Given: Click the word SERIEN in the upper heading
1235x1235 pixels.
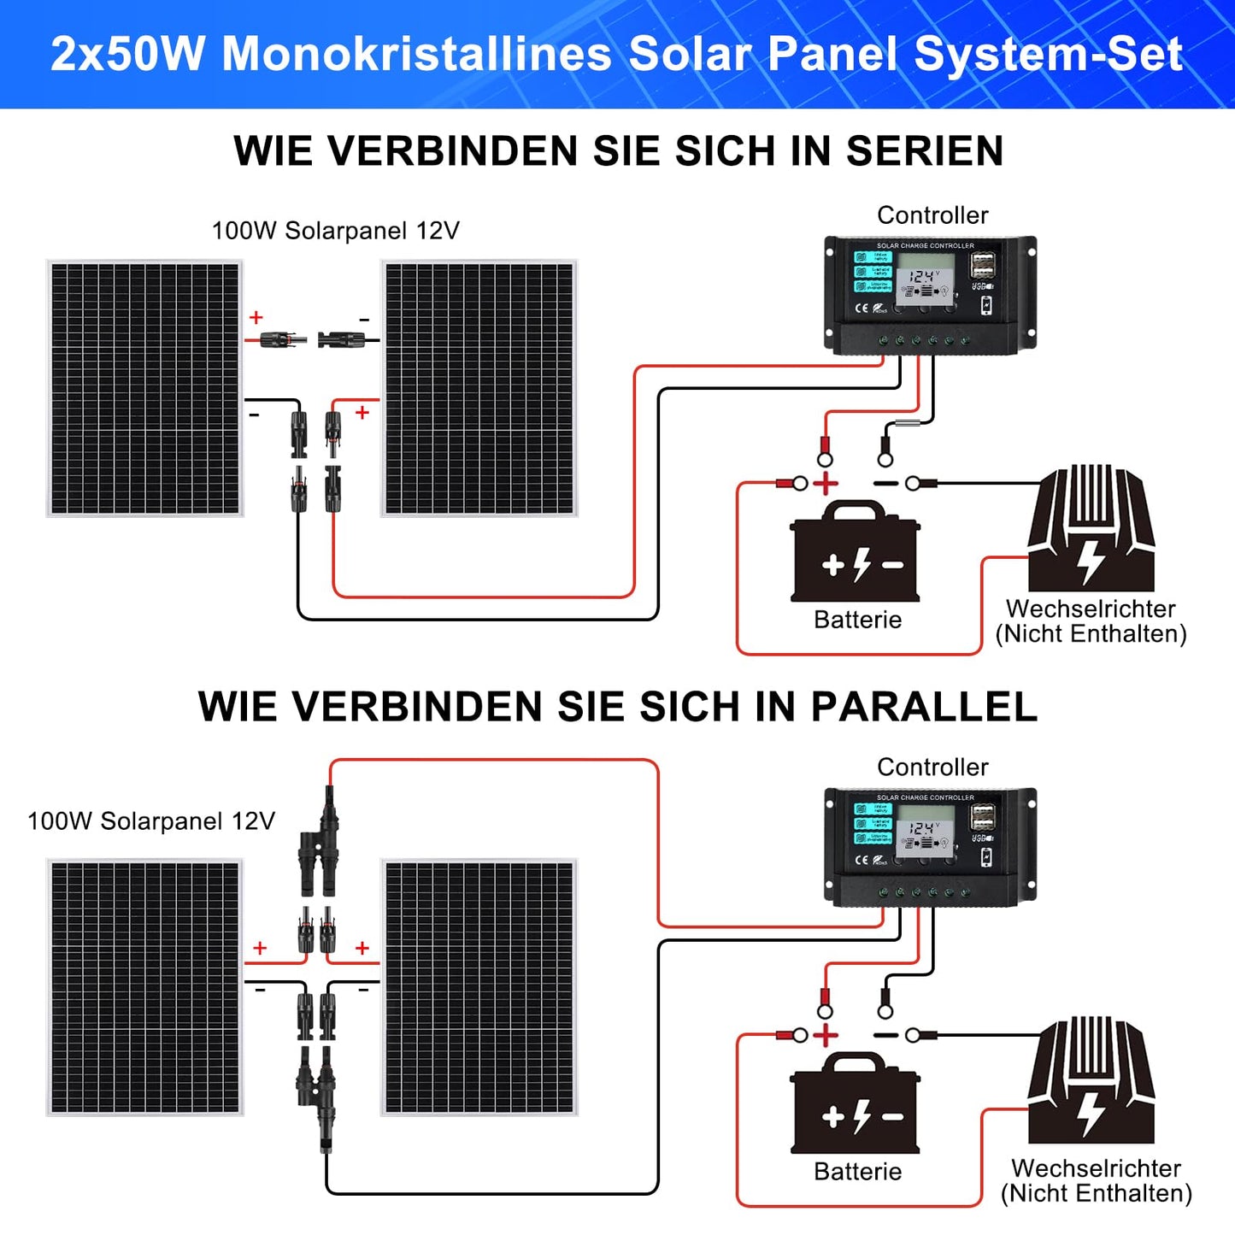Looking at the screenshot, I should click(x=925, y=151).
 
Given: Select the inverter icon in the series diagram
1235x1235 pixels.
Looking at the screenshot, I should click(x=1091, y=530).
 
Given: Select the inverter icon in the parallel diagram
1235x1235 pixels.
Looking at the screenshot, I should click(x=1091, y=1081).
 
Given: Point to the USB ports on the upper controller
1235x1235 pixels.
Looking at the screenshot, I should click(x=983, y=264).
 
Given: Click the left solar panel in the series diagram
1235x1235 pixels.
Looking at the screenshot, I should click(x=144, y=389).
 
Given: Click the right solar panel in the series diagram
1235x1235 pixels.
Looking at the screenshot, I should click(x=479, y=389).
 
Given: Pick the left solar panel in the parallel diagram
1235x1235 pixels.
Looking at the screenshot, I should click(x=144, y=987).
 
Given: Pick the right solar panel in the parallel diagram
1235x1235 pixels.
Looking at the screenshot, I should click(x=479, y=987).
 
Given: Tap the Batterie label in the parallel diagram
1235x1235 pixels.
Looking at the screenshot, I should click(x=857, y=1171).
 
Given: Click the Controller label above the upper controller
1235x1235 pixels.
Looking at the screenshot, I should click(x=932, y=215).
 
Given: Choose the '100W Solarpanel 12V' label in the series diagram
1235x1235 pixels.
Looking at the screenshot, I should click(x=335, y=231).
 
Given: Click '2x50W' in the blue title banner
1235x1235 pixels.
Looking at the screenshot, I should click(x=128, y=54).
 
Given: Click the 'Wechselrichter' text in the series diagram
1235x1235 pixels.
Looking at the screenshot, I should click(x=1091, y=609).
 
